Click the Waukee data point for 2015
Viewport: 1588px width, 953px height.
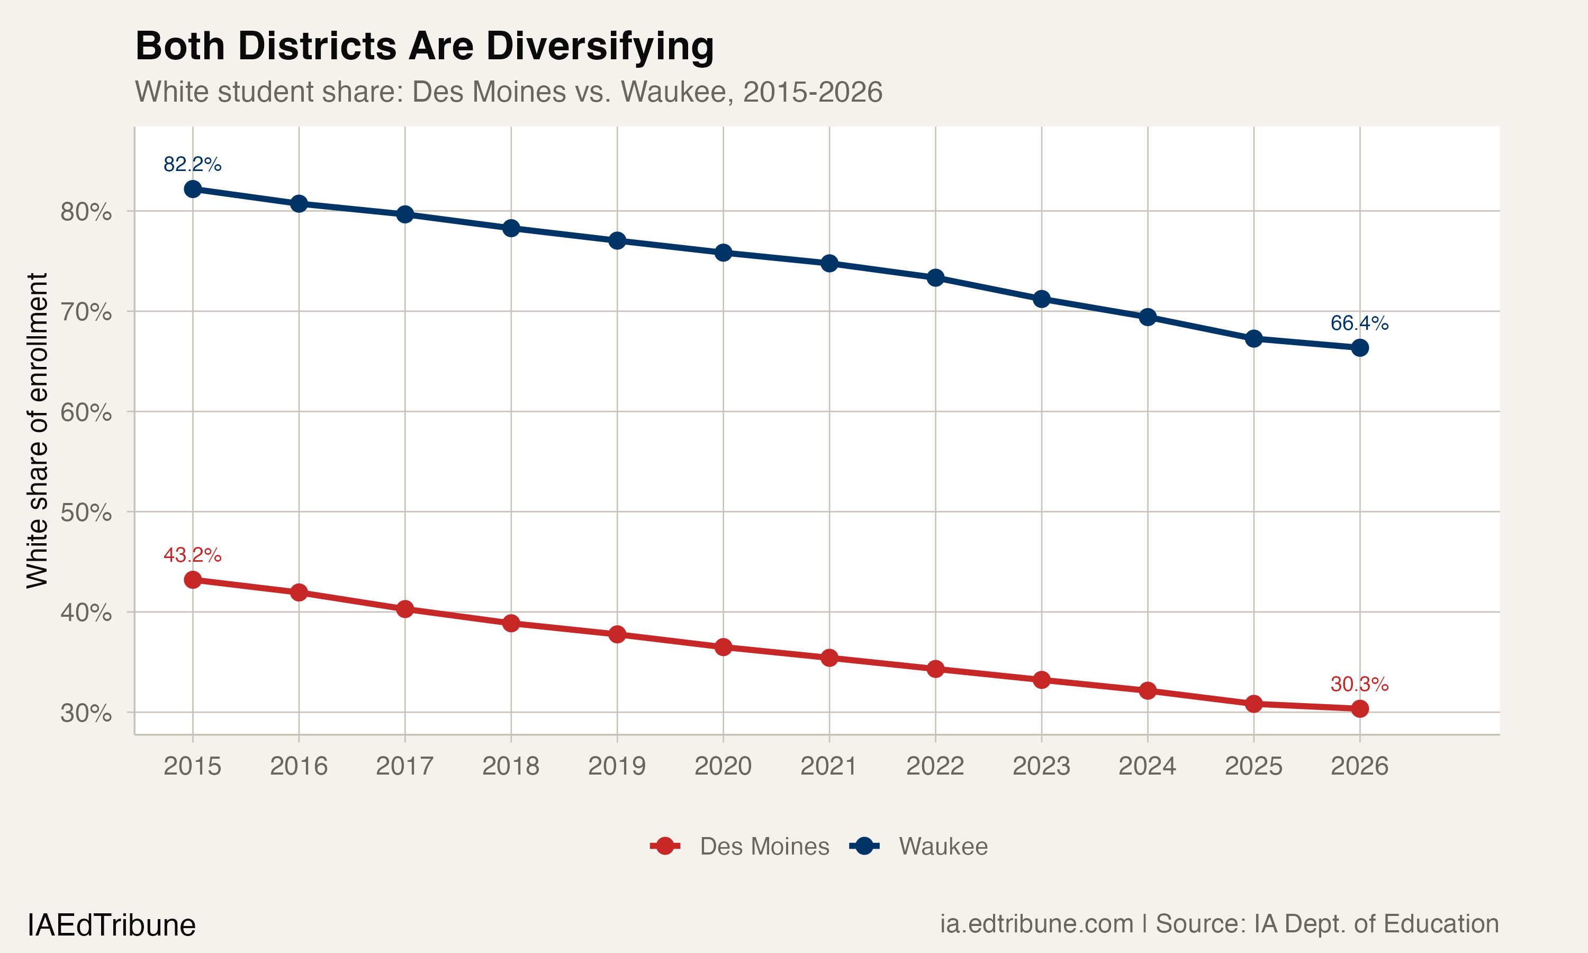tap(193, 189)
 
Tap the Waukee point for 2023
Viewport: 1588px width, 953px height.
tap(1042, 299)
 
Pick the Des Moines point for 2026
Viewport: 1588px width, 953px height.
tap(1359, 708)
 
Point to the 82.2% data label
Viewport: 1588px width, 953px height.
tap(192, 165)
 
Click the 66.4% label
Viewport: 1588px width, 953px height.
tap(1359, 323)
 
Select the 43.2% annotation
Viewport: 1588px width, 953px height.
tap(192, 555)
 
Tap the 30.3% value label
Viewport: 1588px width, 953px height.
tap(1359, 685)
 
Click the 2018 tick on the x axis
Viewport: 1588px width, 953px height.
tap(511, 766)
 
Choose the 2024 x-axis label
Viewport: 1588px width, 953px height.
tap(1147, 766)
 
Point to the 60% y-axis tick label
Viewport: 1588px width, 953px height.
tap(86, 412)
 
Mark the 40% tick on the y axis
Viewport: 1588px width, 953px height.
tap(86, 613)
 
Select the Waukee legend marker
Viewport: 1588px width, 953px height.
tap(864, 847)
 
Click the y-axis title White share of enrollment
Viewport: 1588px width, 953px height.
tap(37, 430)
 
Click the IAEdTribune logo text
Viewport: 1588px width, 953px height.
tap(111, 925)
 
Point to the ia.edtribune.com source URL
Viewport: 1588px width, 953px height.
tap(1036, 924)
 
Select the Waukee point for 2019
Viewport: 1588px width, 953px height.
tap(617, 241)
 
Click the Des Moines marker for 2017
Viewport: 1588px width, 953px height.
tap(405, 609)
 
